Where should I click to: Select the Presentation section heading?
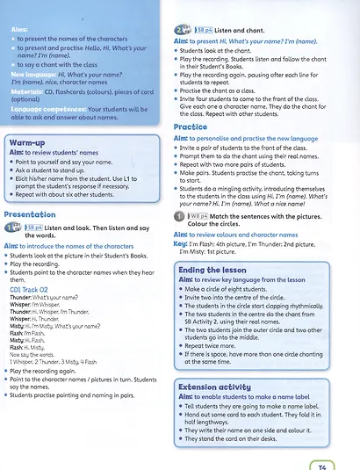pos(30,213)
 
